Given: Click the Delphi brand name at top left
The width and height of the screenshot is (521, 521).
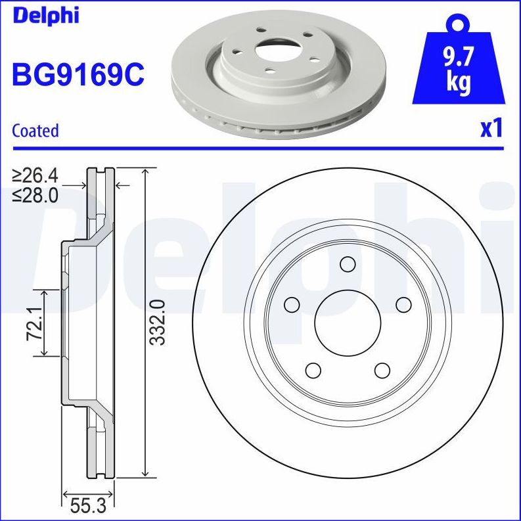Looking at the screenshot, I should click(x=45, y=14).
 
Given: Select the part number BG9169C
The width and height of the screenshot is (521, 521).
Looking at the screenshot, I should click(x=78, y=74).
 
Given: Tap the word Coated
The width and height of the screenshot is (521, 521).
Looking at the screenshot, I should click(x=35, y=131).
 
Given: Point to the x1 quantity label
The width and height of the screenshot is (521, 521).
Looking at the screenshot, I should click(x=491, y=128).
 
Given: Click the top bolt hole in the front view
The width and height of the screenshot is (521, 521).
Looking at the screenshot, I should click(x=348, y=264).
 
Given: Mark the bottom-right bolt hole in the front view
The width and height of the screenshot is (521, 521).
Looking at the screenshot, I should click(x=382, y=370).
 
